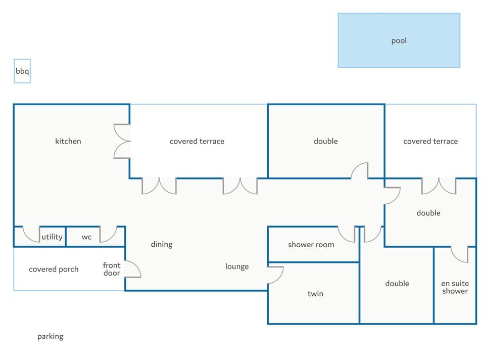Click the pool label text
pyautogui.click(x=399, y=40)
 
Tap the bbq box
pyautogui.click(x=22, y=71)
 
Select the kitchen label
pyautogui.click(x=68, y=141)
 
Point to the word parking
pyautogui.click(x=51, y=336)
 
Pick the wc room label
pyautogui.click(x=86, y=237)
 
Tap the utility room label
pyautogui.click(x=52, y=237)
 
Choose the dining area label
pyautogui.click(x=162, y=244)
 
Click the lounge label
pyautogui.click(x=237, y=266)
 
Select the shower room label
pyautogui.click(x=311, y=245)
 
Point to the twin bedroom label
pyautogui.click(x=315, y=293)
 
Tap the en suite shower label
pyautogui.click(x=455, y=287)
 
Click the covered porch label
pyautogui.click(x=54, y=269)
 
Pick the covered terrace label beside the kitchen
pyautogui.click(x=197, y=142)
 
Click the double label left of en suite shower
pyautogui.click(x=397, y=284)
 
